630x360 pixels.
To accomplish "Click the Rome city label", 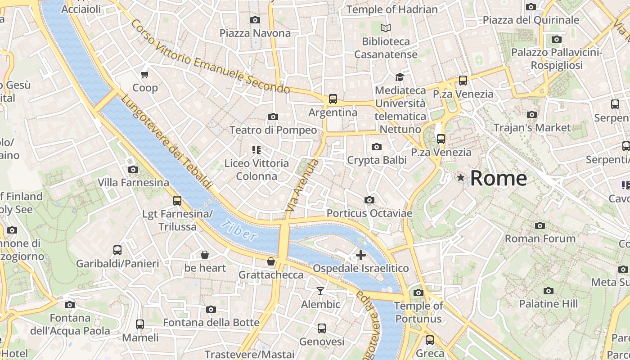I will point(499,178).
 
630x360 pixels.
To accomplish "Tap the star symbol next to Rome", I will point(461,178).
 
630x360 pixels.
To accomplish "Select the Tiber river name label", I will point(239,230).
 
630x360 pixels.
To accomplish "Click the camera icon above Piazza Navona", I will point(255,20).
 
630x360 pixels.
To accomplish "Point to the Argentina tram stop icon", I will point(333,99).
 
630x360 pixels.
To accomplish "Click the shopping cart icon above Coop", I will point(144,74).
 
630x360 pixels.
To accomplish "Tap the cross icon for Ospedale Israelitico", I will point(360,255).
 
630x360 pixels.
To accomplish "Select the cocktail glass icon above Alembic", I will point(320,291).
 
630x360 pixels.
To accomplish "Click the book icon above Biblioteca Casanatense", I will point(386,28).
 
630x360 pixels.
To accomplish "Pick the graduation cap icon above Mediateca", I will point(399,77).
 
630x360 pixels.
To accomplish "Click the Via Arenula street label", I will point(302,186).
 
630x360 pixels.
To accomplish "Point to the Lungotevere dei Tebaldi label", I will point(167,142).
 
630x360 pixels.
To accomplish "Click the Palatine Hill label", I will point(548,304).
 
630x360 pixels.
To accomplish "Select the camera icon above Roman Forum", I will point(540,225).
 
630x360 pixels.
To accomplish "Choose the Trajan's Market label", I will point(532,128).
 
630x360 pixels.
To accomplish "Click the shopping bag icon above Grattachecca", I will point(271,261).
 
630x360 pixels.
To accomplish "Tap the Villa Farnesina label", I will point(134,183).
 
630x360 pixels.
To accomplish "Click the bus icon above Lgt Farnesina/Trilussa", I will point(177,201).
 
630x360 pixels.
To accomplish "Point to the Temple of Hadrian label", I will point(392,9).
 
